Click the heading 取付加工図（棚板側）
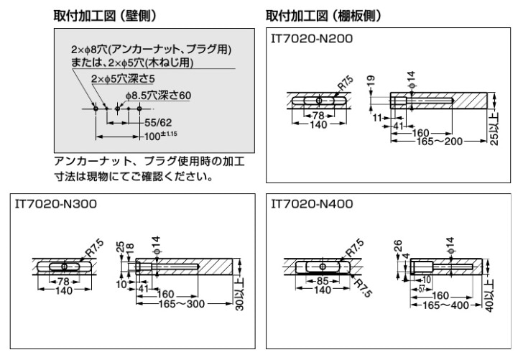coord(323,15)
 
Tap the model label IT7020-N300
coord(57,204)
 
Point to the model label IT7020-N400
coord(312,204)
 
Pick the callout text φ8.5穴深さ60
coord(158,94)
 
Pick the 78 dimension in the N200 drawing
coord(315,116)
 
